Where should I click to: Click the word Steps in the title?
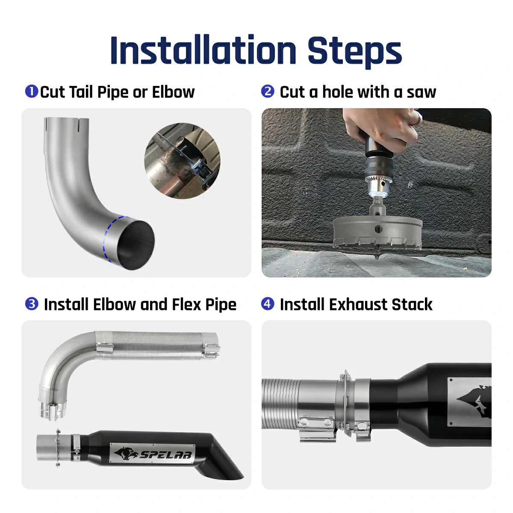[354, 50]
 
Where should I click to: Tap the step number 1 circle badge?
[31, 91]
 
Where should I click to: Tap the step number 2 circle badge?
[268, 91]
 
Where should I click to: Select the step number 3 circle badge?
[31, 304]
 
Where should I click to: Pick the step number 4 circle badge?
[268, 304]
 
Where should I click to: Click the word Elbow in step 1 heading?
[173, 92]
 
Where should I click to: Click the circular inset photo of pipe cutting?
[183, 161]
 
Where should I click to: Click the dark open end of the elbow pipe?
[136, 245]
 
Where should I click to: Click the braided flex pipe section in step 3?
[158, 344]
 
